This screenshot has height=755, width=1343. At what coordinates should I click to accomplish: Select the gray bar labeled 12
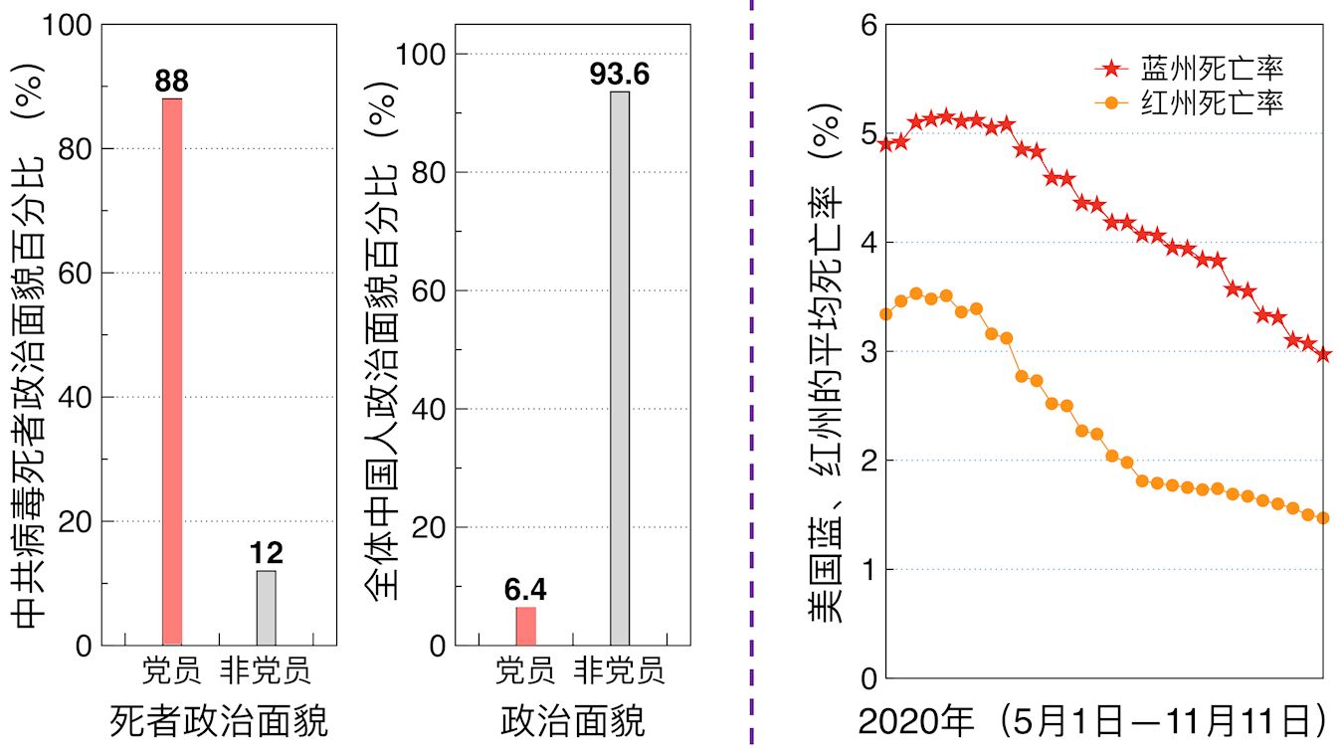click(266, 608)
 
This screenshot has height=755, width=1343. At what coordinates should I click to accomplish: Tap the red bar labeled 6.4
click(525, 626)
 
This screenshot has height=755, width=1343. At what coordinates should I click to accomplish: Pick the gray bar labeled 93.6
click(620, 368)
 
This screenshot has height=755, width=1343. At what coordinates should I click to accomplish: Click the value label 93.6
click(619, 74)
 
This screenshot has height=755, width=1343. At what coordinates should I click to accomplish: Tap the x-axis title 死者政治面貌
click(219, 720)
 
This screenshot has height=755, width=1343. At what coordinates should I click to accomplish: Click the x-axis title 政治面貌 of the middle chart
click(572, 720)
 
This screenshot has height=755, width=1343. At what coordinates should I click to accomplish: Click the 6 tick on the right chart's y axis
click(867, 25)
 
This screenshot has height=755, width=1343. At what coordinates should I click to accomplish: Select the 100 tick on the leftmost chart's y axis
click(68, 25)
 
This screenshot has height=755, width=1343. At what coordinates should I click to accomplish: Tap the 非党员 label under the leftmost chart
click(266, 670)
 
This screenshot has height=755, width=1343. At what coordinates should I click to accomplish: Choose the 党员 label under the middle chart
click(525, 670)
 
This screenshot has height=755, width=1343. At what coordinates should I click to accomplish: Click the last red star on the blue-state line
click(1323, 354)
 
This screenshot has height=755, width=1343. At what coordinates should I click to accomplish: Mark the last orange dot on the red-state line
click(1323, 517)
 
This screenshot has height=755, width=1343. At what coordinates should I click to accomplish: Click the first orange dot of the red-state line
click(886, 314)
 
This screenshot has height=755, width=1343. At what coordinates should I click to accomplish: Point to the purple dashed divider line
click(750, 378)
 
